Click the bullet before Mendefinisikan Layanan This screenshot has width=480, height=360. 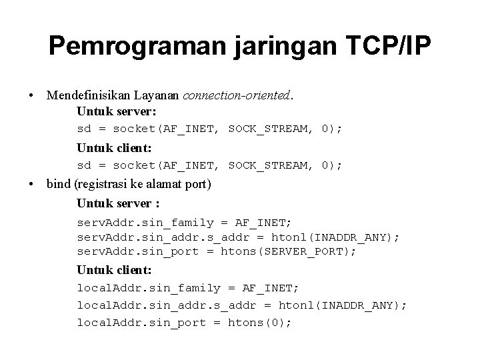point(31,95)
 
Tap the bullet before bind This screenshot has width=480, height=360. point(31,184)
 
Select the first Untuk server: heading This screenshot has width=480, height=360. point(116,111)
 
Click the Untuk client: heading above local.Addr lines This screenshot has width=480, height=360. point(114,270)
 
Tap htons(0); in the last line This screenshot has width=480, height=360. point(260,323)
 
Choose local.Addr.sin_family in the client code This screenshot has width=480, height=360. point(149,288)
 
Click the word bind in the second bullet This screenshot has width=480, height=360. point(58,184)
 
